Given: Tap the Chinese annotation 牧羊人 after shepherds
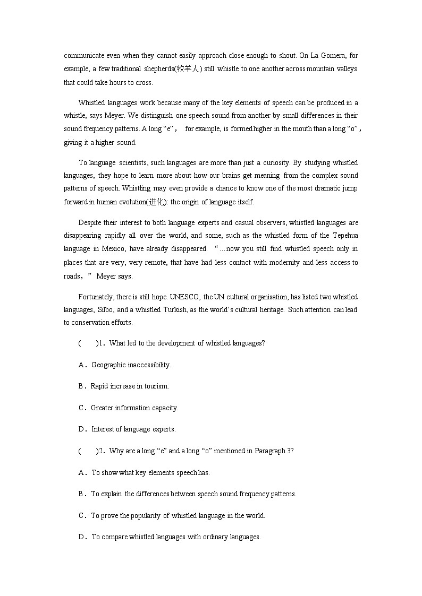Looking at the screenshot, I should [x=189, y=69].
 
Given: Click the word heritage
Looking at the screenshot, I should [x=271, y=310].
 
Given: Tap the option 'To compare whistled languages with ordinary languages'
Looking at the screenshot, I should [x=176, y=537].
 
